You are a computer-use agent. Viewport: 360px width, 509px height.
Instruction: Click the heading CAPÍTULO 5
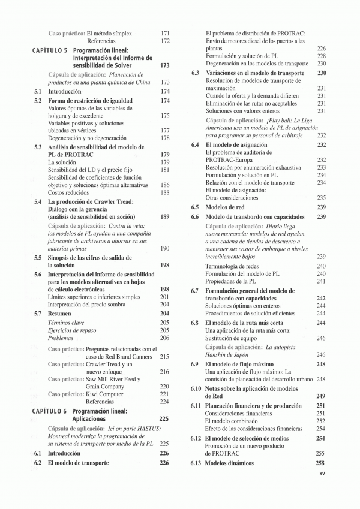[50, 51]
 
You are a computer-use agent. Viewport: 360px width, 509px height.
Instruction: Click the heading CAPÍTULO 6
[50, 411]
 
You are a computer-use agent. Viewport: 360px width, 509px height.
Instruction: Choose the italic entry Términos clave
[67, 323]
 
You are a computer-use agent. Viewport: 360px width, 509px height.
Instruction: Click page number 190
[165, 248]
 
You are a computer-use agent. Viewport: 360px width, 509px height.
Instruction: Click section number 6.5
[195, 207]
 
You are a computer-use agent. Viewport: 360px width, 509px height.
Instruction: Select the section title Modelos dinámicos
[230, 463]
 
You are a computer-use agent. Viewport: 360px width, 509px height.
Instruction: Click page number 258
[320, 463]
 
